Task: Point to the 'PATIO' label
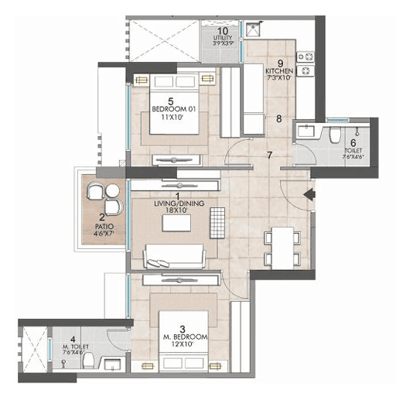click(103, 227)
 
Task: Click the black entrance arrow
click(309, 196)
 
